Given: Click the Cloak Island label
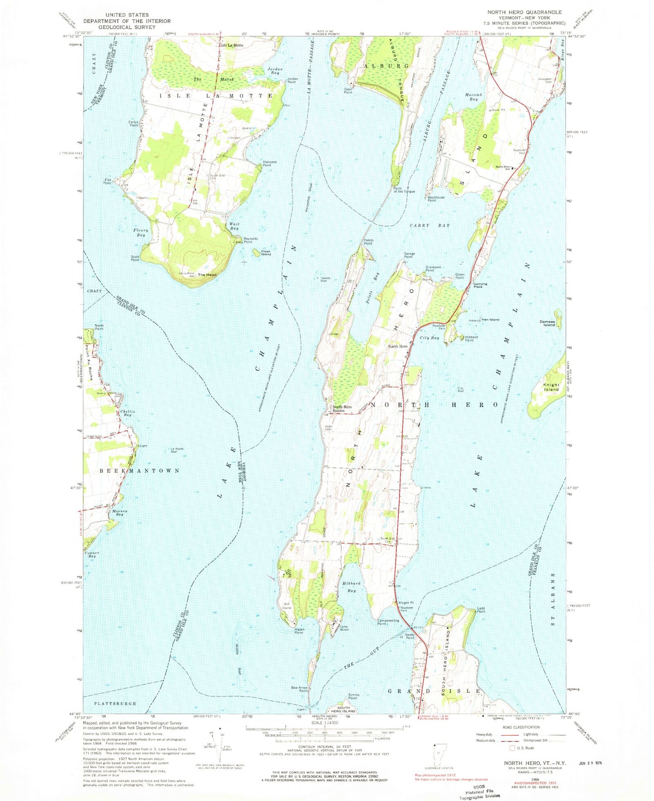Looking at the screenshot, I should (x=266, y=253).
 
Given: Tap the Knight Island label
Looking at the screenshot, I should (x=551, y=387).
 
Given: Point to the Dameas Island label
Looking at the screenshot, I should (x=547, y=323).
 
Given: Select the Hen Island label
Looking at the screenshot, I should (x=490, y=319).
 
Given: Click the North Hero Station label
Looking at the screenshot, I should (x=342, y=409).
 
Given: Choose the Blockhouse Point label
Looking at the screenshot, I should (x=436, y=199).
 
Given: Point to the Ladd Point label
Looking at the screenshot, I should (x=481, y=610).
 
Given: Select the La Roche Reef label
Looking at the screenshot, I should (x=177, y=450).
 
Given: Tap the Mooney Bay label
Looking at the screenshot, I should (x=117, y=513).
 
